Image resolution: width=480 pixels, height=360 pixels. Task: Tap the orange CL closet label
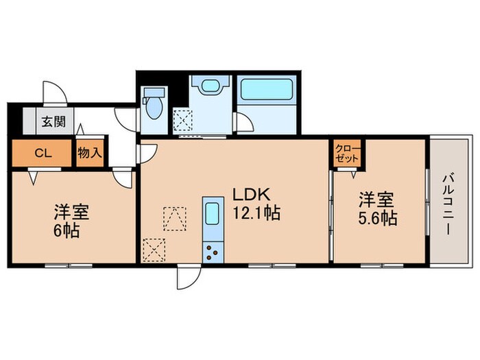click(40, 152)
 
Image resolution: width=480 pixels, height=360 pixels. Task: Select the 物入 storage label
click(89, 152)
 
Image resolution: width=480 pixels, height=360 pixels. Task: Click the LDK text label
click(249, 193)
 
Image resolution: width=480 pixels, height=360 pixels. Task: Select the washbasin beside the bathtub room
click(207, 86)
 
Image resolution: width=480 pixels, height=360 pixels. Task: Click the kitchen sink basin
click(213, 213)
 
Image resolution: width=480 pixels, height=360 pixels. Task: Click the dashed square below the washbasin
click(182, 120)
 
